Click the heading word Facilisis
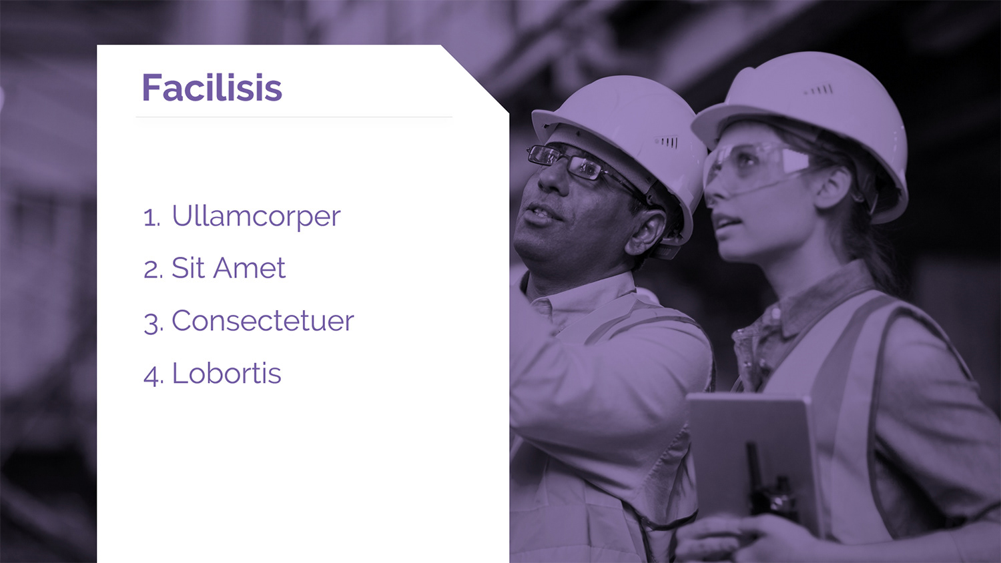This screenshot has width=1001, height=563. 212,87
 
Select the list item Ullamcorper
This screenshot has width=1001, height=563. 256,217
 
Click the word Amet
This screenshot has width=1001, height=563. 250,268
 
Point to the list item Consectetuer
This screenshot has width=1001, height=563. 263,321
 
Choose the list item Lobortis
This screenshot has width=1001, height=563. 227,373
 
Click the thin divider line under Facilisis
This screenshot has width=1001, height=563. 294,117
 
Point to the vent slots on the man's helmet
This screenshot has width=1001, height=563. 666,142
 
